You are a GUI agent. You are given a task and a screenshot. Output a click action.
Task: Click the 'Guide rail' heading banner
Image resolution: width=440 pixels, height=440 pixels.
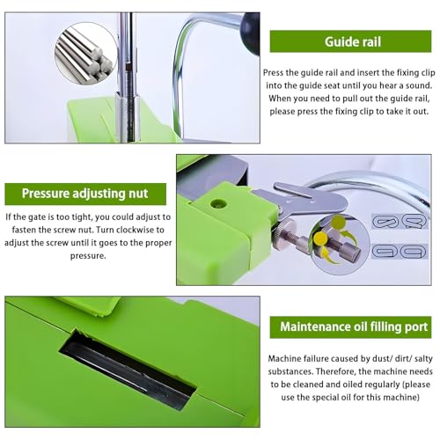point(350,41)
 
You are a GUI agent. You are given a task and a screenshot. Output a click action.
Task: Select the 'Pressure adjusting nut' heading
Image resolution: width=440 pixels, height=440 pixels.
point(85,194)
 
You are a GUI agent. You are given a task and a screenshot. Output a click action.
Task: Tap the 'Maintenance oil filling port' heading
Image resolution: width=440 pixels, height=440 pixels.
point(350,327)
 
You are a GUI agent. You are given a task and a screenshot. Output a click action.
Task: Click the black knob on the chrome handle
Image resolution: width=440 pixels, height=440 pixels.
point(250,33)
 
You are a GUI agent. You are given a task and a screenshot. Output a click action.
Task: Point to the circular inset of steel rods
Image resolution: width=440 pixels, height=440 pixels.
point(85,55)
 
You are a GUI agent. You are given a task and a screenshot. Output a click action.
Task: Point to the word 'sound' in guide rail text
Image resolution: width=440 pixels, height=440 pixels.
point(419,85)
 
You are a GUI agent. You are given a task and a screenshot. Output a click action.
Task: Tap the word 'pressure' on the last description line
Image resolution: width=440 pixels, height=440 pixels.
point(88,256)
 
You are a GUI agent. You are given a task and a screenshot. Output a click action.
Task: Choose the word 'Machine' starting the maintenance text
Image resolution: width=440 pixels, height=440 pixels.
point(284,358)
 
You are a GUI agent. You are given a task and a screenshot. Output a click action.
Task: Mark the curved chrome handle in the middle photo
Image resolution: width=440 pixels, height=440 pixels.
point(371,187)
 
